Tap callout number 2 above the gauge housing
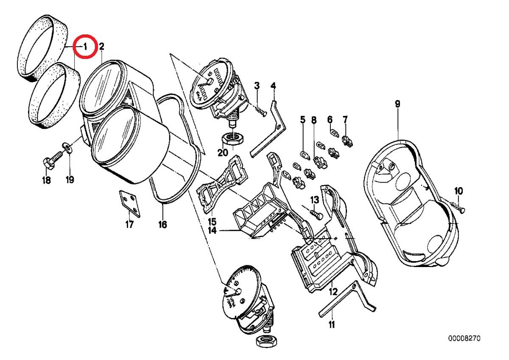click(x=101, y=46)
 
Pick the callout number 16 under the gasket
click(x=163, y=224)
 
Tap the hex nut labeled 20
click(x=232, y=138)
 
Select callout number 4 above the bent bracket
click(x=274, y=86)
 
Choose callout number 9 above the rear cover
click(x=397, y=104)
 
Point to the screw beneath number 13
click(x=316, y=214)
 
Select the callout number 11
click(x=331, y=325)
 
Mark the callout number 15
click(x=212, y=222)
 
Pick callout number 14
click(x=212, y=231)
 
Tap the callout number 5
click(x=302, y=120)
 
